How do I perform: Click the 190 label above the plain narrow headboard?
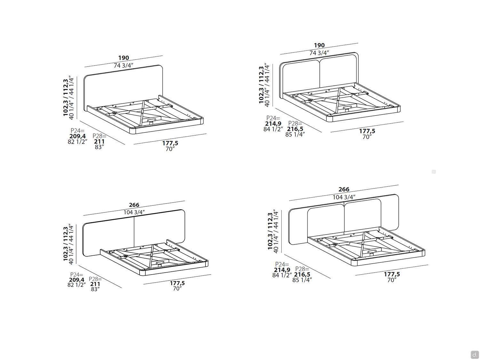pos(124,58)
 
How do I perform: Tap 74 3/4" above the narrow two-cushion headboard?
pos(319,53)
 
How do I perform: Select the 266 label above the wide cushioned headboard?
pos(344,189)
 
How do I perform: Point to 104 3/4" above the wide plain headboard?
pos(134,212)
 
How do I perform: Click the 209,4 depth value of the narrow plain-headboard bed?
pos(78,136)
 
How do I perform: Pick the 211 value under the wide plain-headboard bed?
pos(95,284)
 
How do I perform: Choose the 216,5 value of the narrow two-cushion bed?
pos(295,129)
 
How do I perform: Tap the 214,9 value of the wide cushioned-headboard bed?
pos(282,270)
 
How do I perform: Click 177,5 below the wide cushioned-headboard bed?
pos(392,274)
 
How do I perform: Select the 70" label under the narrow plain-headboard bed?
pos(170,149)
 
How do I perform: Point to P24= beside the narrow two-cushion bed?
pos(273,118)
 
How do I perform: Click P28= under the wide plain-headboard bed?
pos(95,279)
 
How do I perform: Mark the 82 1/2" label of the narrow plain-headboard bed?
pos(78,142)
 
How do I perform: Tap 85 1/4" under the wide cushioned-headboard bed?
pos(302,280)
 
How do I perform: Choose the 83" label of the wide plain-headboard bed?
pos(95,289)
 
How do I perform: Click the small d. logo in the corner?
pos(474,354)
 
